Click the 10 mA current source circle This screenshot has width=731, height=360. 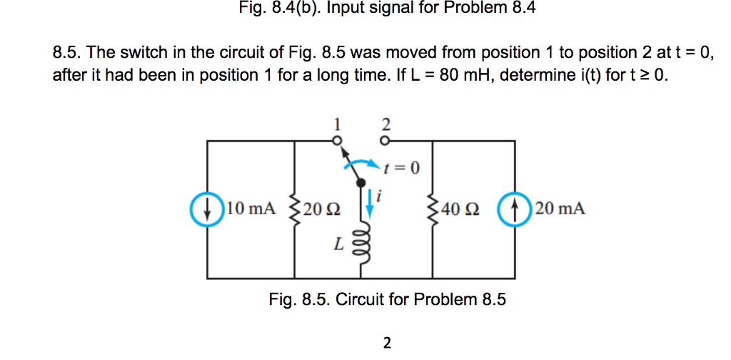click(x=207, y=209)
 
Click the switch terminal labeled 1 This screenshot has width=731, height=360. click(x=338, y=139)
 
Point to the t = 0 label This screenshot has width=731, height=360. click(x=402, y=169)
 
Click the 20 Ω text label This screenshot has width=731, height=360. click(x=321, y=210)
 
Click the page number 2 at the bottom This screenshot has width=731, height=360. click(x=387, y=344)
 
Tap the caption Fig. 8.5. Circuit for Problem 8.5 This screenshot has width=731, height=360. click(x=387, y=299)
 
